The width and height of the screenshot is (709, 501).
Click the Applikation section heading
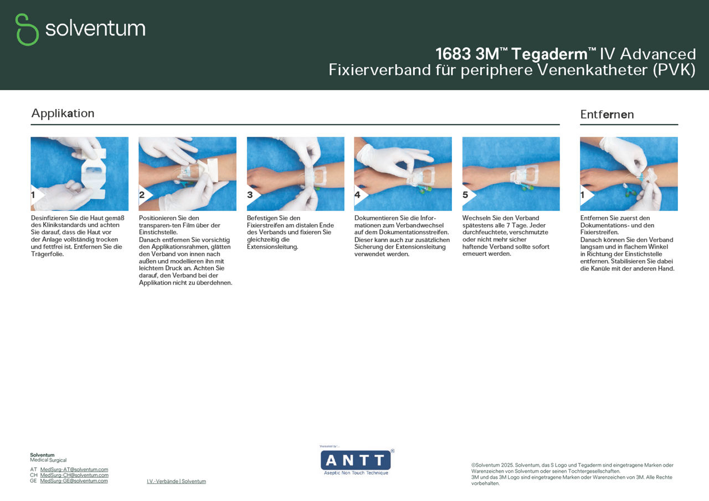[63, 113]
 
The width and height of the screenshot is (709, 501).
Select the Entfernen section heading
[607, 115]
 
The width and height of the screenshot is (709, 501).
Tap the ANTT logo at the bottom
[356, 461]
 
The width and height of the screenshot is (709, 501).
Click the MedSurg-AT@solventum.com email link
[74, 469]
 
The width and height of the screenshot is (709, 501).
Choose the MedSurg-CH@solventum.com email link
[74, 475]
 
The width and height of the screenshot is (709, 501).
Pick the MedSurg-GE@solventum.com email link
[74, 481]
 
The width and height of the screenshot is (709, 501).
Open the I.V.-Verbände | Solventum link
[176, 482]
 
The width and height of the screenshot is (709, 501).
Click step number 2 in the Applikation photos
[142, 195]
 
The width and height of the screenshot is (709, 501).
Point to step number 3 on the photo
[250, 195]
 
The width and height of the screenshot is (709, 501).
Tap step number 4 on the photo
[358, 195]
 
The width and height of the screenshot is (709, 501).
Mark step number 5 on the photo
[465, 195]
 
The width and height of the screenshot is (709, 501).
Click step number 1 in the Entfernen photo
[583, 195]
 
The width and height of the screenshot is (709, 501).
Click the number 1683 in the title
[453, 54]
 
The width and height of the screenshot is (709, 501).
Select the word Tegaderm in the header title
[549, 54]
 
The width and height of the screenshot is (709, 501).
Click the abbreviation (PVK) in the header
[674, 70]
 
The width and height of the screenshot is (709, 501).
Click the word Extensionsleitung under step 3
[273, 246]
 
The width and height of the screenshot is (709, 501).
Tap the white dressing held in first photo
[93, 172]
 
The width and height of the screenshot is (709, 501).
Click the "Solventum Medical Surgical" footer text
[48, 457]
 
